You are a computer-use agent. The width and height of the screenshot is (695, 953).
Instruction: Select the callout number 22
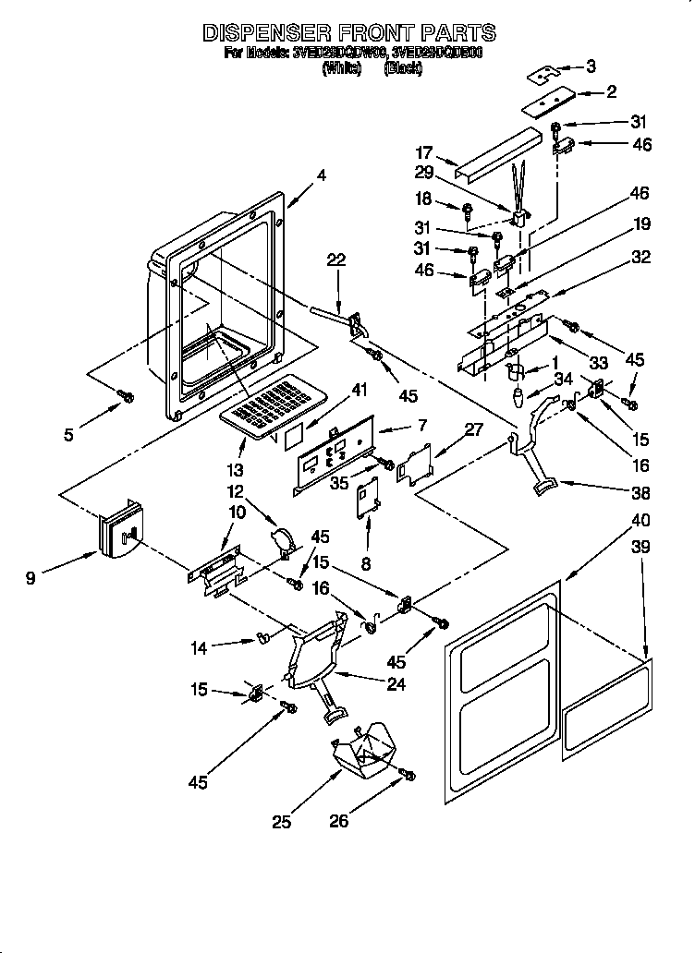(335, 261)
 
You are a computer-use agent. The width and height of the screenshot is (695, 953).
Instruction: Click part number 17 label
(423, 153)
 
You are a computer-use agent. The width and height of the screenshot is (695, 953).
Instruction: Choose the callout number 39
(640, 547)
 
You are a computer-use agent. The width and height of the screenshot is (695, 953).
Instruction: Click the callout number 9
(31, 579)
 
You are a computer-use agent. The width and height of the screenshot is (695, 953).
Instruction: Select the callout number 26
(340, 819)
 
